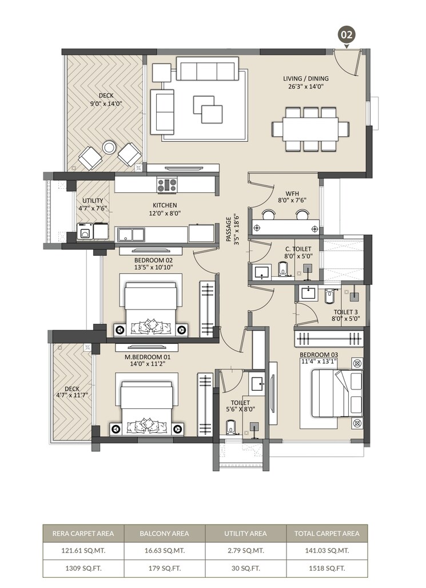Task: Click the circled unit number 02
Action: click(347, 34)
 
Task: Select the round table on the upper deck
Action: click(109, 148)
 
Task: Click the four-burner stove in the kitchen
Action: click(167, 185)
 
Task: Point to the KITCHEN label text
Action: click(164, 205)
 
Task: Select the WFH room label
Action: click(284, 193)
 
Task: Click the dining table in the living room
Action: click(310, 129)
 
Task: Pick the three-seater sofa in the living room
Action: click(207, 69)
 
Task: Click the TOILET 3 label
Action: click(347, 312)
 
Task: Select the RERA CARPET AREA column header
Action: click(83, 534)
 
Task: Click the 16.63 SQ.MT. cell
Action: click(164, 551)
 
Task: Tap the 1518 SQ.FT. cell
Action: click(327, 568)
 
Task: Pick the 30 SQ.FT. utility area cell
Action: click(245, 568)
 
